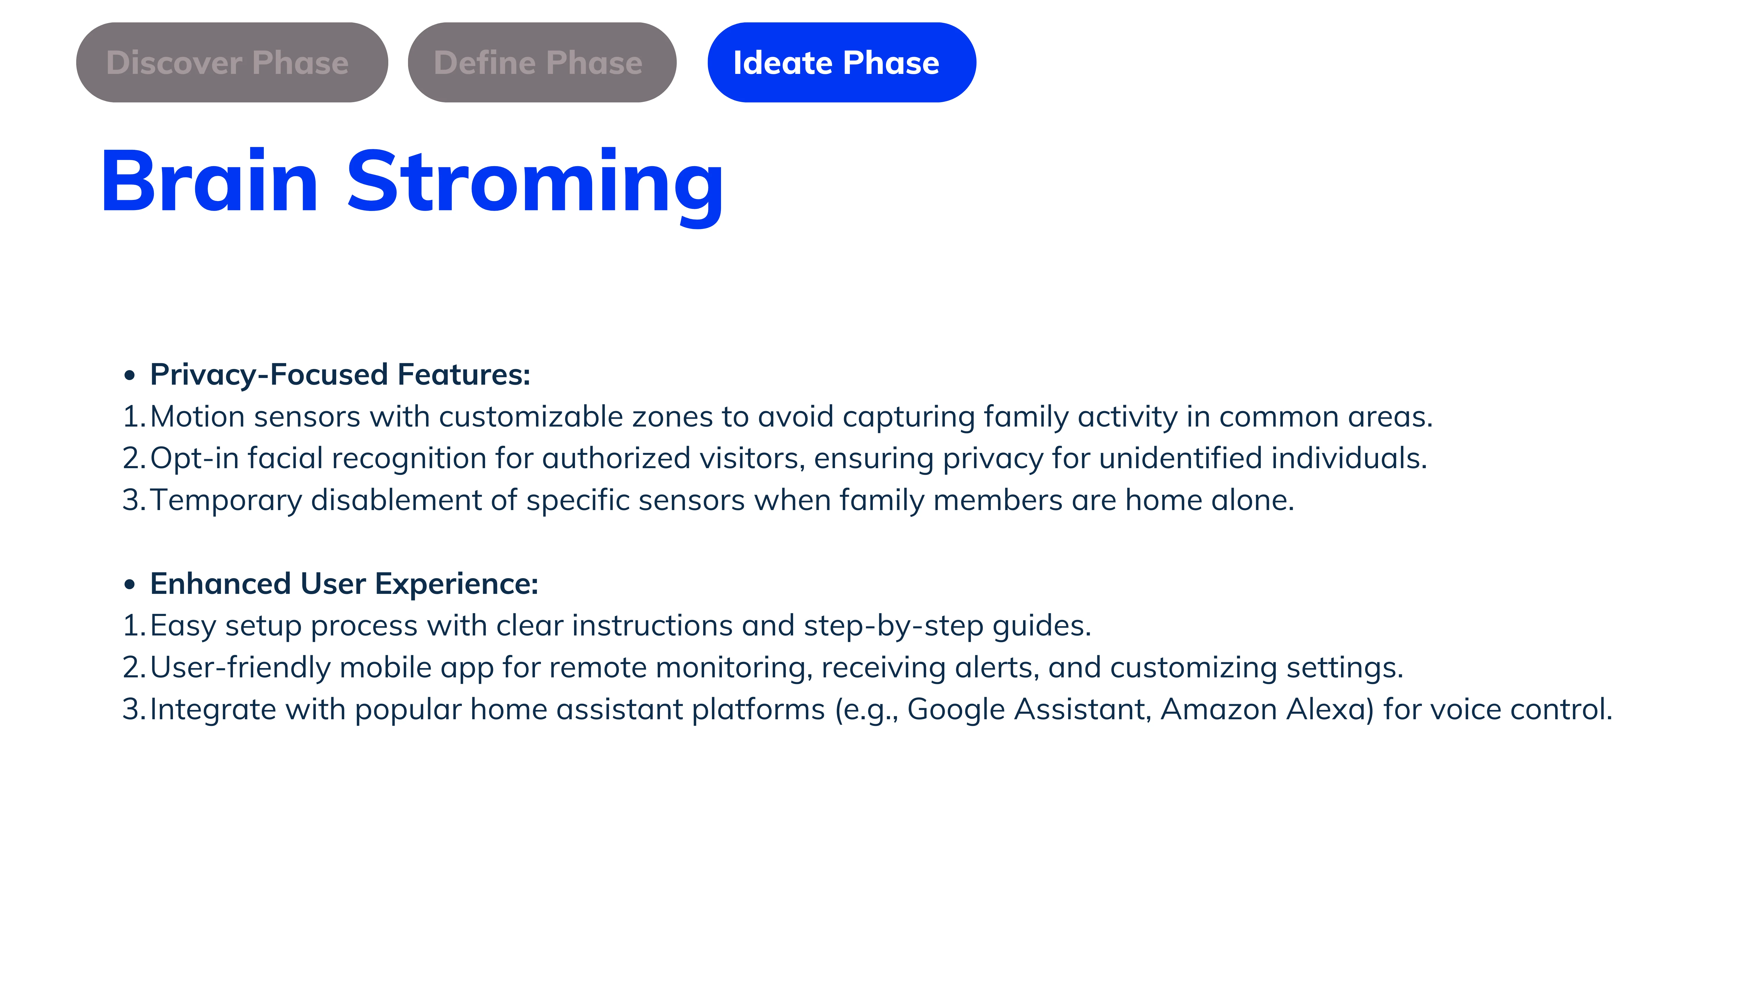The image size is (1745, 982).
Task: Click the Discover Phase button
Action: tap(232, 62)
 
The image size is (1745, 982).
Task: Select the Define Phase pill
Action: tap(542, 62)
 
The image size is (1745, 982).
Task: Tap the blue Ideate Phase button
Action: tap(841, 62)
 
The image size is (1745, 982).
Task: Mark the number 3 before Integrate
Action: tap(131, 710)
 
